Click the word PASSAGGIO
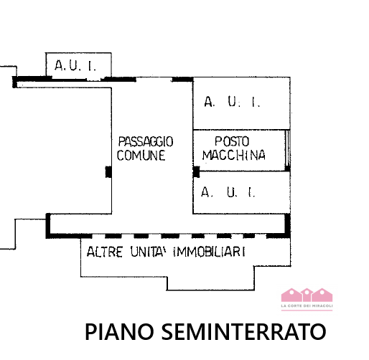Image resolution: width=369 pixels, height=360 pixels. click(x=146, y=142)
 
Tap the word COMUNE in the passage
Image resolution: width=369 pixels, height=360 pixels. click(x=141, y=155)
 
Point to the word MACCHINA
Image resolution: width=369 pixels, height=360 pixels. click(x=234, y=155)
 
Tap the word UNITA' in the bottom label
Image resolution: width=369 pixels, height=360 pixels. click(x=150, y=252)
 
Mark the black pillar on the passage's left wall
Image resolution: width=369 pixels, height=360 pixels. click(x=108, y=171)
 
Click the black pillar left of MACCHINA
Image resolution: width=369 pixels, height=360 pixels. click(x=196, y=171)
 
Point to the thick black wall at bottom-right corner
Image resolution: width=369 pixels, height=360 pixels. click(x=286, y=225)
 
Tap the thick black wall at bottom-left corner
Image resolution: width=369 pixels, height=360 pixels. click(x=49, y=225)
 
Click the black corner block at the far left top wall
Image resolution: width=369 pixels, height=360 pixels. click(x=15, y=82)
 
